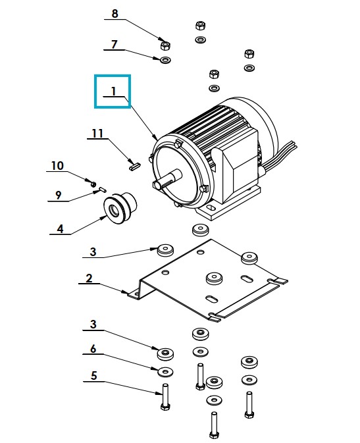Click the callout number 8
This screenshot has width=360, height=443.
pos(115,13)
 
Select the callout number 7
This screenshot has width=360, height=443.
pos(114,44)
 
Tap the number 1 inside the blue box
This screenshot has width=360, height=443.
pos(114,91)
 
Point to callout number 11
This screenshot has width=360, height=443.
pos(97,133)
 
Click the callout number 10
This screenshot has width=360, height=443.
pos(57,166)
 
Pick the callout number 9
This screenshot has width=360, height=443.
pos(58,195)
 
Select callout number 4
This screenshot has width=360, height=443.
pos(60,228)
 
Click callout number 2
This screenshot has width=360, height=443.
pos(89,278)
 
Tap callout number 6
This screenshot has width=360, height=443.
pos(93,349)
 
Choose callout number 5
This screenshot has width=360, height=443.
pos(94,375)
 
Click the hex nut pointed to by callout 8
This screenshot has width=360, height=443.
pos(165,45)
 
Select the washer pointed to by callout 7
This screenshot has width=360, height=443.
pos(166,60)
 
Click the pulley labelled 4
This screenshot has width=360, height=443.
pos(120,208)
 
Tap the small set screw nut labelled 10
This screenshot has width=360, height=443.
pos(93,184)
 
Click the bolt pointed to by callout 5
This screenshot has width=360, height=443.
pos(165,397)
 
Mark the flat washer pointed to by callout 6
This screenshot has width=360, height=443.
pos(165,371)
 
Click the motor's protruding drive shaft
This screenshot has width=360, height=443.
pos(168,178)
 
